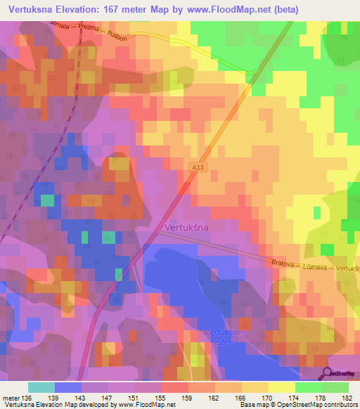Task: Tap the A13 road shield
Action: click(197, 166)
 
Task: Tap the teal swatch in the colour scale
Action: click(41, 387)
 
